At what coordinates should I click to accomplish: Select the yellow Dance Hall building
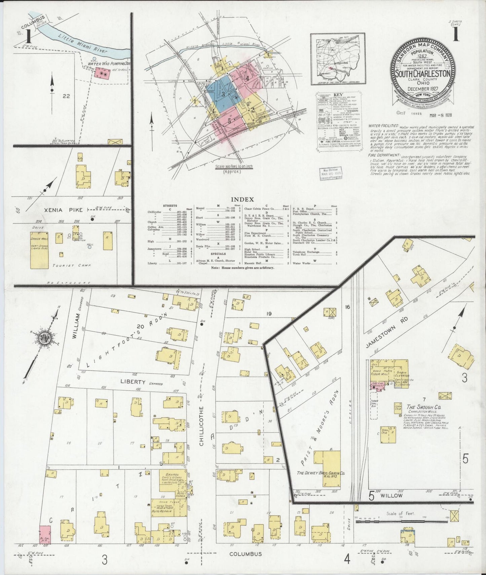[39, 250]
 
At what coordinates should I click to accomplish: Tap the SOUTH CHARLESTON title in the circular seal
[423, 74]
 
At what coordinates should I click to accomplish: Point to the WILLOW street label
[391, 495]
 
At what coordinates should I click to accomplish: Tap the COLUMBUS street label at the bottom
[245, 554]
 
